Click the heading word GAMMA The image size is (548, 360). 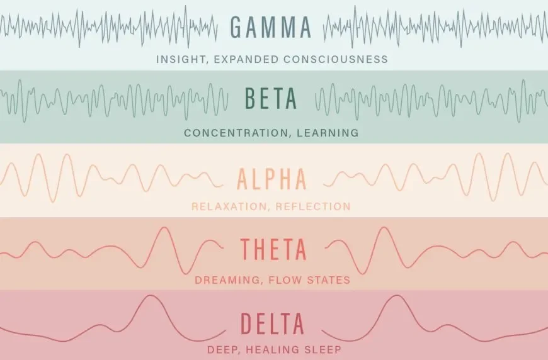coord(271,27)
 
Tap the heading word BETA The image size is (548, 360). coord(271,99)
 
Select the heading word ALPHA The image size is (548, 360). coord(271,179)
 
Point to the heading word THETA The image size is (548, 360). coord(273,250)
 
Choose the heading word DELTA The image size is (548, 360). coord(272,323)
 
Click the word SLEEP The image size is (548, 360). coord(323,348)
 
